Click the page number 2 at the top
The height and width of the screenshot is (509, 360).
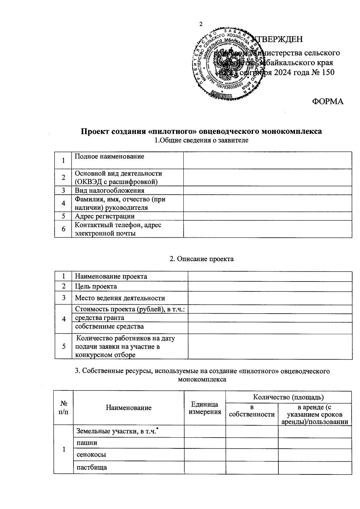(x=201, y=24)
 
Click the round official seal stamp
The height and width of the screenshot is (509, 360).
(x=226, y=64)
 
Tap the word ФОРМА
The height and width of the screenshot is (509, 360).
(x=328, y=101)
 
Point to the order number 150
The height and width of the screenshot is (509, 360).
(x=328, y=72)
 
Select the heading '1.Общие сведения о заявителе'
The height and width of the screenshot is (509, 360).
(x=201, y=140)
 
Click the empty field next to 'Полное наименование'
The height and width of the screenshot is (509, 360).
(x=267, y=160)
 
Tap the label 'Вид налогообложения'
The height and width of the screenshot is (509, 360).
(x=109, y=191)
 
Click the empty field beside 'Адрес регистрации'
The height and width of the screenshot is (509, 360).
(x=267, y=216)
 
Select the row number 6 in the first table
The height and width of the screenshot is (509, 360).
(x=63, y=229)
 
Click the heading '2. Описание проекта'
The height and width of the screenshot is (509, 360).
(x=202, y=259)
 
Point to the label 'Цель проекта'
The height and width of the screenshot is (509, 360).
(x=96, y=286)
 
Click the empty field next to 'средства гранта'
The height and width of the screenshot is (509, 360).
(x=270, y=318)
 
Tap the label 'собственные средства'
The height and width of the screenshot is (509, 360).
(x=109, y=326)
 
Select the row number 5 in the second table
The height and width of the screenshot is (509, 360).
(x=64, y=346)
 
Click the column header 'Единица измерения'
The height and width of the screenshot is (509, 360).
(x=205, y=408)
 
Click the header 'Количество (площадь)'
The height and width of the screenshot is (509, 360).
(x=288, y=397)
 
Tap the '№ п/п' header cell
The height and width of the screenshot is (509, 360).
(x=63, y=408)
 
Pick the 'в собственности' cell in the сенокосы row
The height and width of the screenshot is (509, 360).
(x=252, y=455)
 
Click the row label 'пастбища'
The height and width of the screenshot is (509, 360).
(x=91, y=467)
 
